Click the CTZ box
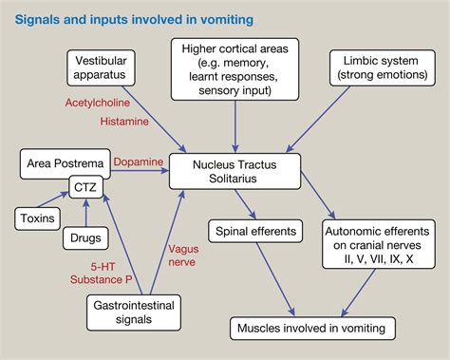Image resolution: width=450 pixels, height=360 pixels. [83, 189]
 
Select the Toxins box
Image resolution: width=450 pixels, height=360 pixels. [36, 219]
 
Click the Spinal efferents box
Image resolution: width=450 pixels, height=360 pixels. [253, 230]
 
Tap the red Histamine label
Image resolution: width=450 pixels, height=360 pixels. [123, 123]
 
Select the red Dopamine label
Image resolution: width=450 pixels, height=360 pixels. [139, 162]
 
